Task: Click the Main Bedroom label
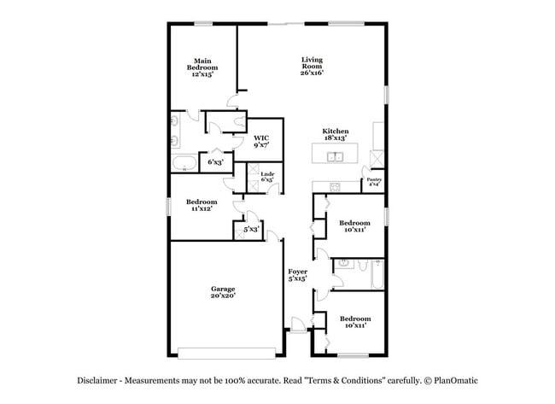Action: click(x=202, y=67)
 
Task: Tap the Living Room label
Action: click(x=311, y=66)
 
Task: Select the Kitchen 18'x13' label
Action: click(x=335, y=135)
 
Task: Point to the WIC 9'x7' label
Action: click(x=261, y=142)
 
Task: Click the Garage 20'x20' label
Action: click(x=223, y=292)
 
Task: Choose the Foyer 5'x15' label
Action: click(x=297, y=275)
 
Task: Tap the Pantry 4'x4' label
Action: click(x=373, y=182)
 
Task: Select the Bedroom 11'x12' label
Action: click(x=199, y=205)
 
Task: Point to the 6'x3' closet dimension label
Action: click(x=215, y=161)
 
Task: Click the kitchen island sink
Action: click(x=336, y=156)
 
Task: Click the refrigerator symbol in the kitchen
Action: click(x=377, y=157)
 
